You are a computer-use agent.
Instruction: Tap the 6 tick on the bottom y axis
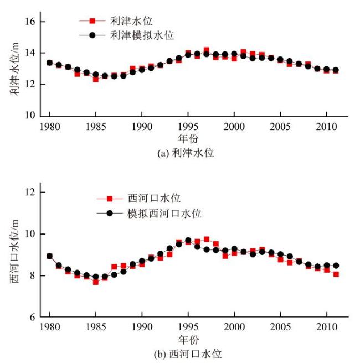click(33, 317)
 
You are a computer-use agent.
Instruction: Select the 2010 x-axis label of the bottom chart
click(326, 328)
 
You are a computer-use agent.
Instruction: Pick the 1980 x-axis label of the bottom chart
click(50, 328)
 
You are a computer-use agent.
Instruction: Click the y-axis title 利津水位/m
click(14, 68)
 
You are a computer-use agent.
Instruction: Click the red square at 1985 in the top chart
click(96, 79)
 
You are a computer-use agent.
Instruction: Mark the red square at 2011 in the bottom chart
click(336, 274)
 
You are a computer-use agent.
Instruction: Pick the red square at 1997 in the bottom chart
click(207, 240)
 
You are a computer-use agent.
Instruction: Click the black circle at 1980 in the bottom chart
click(50, 256)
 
